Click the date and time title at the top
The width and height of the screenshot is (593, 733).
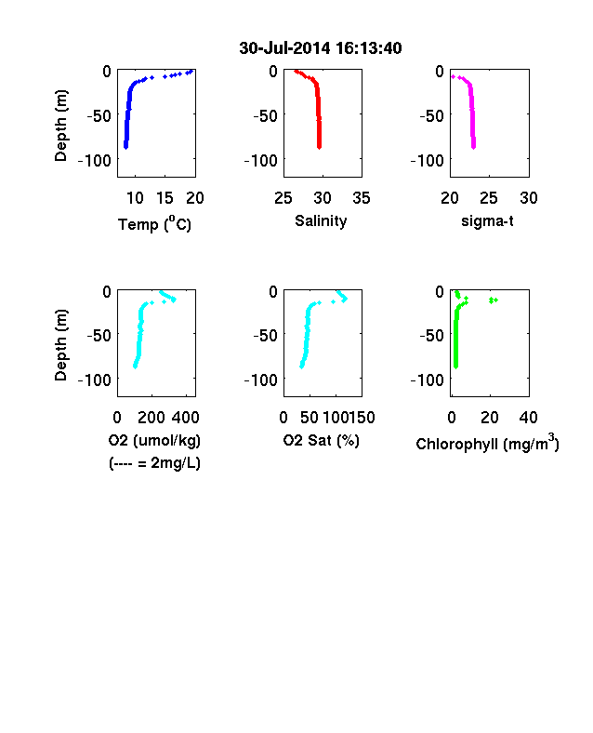pos(321,48)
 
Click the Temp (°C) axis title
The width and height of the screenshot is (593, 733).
pos(154,224)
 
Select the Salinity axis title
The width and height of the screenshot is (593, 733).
pos(321,221)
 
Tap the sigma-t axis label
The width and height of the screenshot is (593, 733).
pos(487,221)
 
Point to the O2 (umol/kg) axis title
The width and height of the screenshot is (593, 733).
pos(154,440)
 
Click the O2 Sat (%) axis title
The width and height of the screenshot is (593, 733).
pos(322,440)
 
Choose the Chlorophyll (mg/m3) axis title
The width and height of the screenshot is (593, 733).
pos(487,442)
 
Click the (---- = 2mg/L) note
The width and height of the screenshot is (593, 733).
pos(154,463)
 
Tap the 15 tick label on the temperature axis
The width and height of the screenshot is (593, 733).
pos(165,198)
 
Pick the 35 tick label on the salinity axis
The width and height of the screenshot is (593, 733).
pos(362,198)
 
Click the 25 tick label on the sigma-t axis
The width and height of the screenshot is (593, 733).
pos(488,198)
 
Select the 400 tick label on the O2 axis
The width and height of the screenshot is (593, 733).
pos(185,418)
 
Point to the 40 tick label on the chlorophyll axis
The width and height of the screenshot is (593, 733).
pos(528,418)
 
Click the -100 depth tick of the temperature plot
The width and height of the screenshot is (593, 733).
pos(94,161)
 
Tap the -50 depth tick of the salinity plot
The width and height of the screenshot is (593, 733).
pos(265,116)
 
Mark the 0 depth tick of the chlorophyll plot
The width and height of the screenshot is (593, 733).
pos(440,292)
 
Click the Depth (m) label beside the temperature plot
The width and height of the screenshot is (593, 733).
pos(60,126)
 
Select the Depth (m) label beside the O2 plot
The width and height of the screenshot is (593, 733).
pos(60,345)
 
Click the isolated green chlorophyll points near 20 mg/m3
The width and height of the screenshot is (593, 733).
pos(493,300)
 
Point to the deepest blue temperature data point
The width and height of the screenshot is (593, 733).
pos(125,147)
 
